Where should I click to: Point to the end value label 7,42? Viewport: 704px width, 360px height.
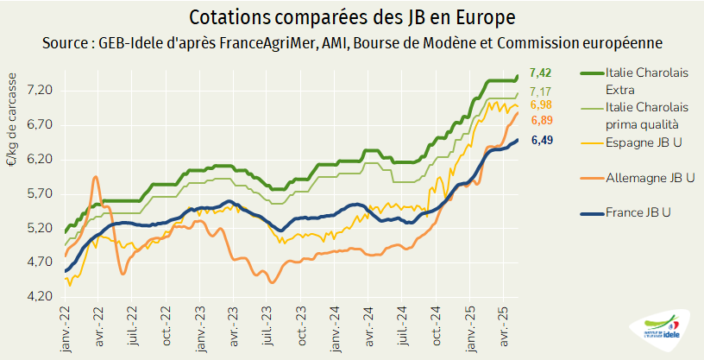click(542, 76)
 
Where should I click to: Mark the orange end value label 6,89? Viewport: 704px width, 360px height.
click(542, 120)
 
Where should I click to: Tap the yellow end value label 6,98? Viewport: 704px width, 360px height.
click(542, 105)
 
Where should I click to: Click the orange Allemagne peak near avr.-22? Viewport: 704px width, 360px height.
click(95, 177)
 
